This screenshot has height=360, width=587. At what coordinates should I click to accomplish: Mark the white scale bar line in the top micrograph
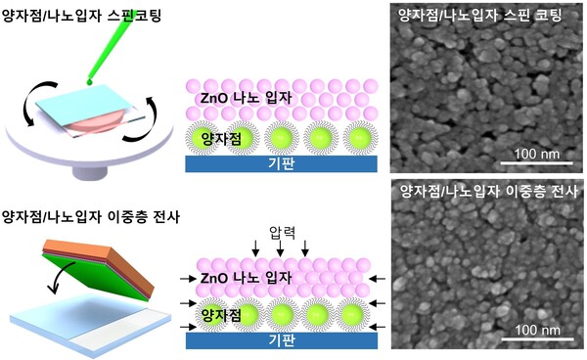pyautogui.click(x=532, y=165)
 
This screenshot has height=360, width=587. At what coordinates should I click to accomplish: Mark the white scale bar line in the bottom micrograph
pyautogui.click(x=532, y=340)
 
